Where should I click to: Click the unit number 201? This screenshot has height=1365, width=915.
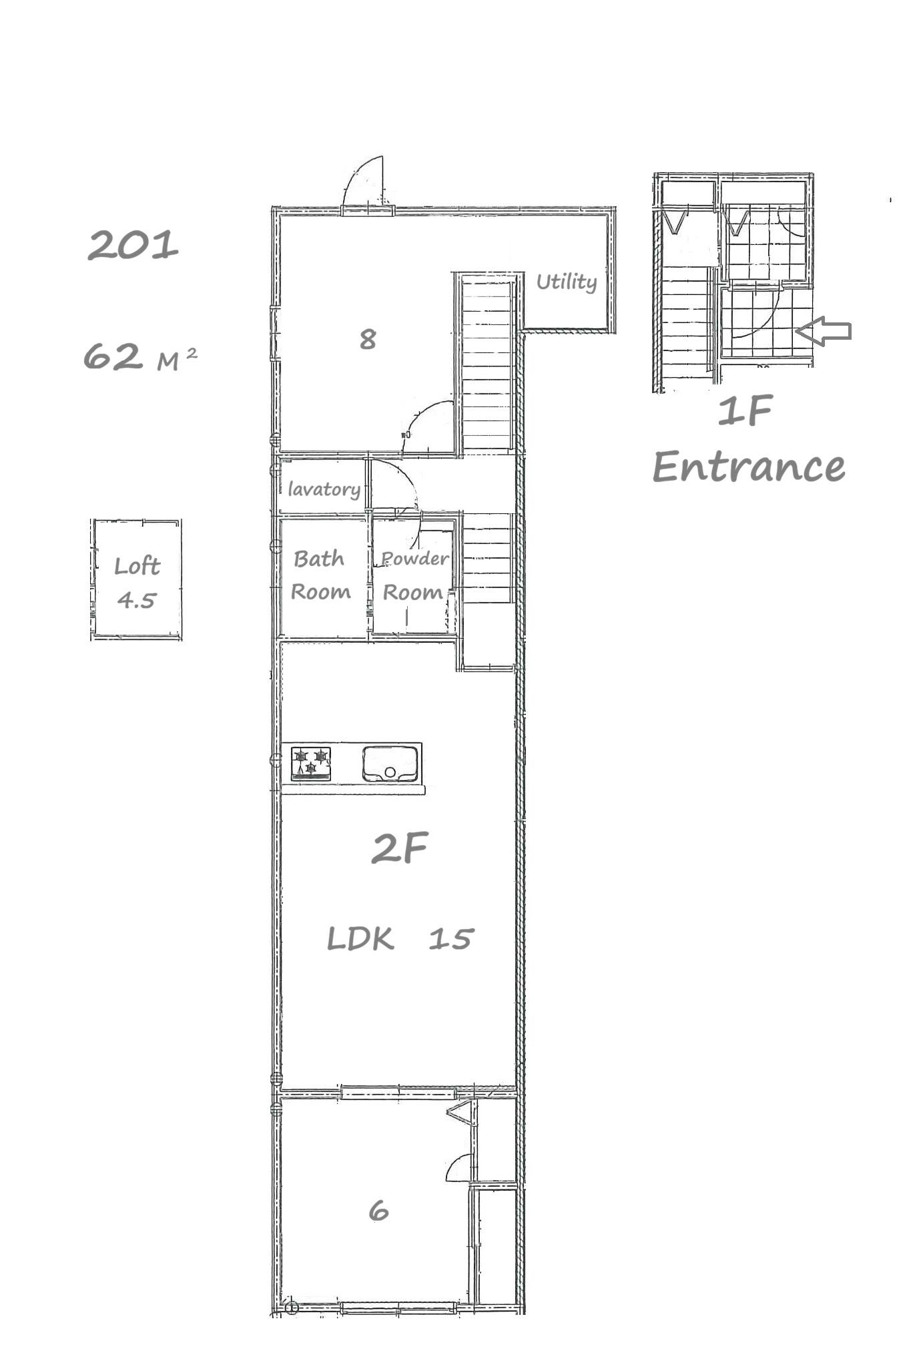133,245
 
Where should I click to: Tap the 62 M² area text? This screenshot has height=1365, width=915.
140,356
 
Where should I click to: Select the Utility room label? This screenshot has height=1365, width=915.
567,282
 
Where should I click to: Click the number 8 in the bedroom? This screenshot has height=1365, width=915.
368,339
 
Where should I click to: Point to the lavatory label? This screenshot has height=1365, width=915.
324,489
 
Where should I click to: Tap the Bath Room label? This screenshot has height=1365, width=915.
320,575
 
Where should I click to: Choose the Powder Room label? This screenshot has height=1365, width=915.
414,575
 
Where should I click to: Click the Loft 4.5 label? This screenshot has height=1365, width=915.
137,583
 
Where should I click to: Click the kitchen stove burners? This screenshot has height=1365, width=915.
311,762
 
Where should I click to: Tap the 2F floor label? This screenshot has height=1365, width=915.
399,848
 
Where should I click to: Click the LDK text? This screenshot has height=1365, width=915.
360,939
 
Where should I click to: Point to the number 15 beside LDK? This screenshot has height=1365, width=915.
451,939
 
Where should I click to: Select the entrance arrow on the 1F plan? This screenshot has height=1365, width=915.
824,330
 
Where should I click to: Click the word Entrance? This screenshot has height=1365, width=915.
749,467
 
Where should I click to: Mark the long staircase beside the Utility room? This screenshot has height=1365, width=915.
488,364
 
